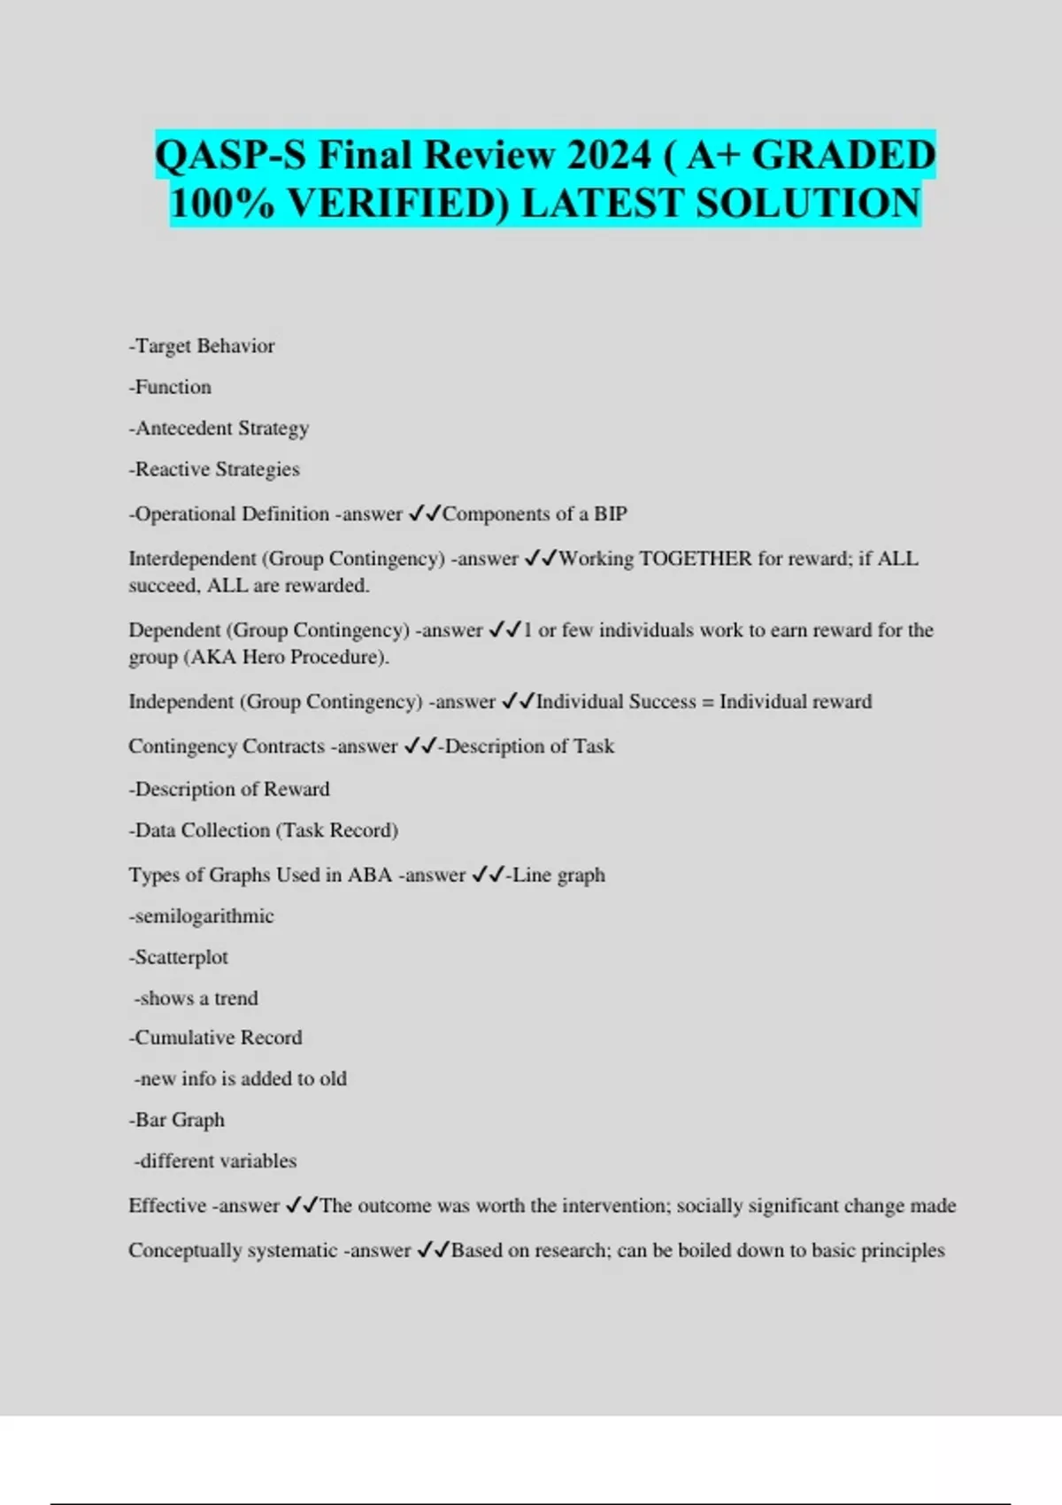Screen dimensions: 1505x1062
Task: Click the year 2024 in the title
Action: point(609,156)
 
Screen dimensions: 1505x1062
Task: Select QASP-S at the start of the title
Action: point(230,156)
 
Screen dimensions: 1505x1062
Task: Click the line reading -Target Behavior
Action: point(202,346)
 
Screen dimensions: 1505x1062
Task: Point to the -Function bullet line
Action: point(170,387)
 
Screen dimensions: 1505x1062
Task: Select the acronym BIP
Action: point(611,514)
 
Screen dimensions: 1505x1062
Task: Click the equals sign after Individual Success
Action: point(707,702)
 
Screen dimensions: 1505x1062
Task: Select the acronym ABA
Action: point(369,875)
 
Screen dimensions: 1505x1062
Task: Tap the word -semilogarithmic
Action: point(202,916)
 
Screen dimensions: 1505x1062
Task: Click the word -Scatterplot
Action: point(179,957)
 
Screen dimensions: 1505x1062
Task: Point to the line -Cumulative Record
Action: point(216,1038)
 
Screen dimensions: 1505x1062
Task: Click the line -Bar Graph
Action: point(177,1120)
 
